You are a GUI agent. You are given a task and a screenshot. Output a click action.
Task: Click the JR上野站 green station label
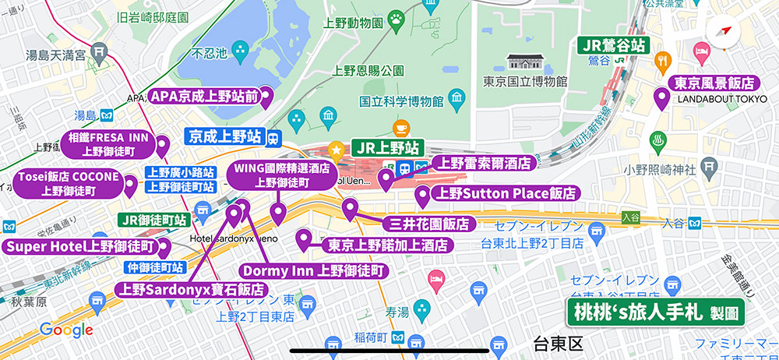click(x=386, y=147)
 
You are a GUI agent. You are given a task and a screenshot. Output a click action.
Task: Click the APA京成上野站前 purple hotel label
click(x=203, y=97)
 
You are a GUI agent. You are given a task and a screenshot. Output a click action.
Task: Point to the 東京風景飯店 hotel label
click(x=714, y=83)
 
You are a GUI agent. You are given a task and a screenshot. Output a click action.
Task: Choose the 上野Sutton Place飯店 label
click(x=506, y=193)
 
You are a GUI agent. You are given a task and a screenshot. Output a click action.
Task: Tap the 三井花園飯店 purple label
click(x=428, y=224)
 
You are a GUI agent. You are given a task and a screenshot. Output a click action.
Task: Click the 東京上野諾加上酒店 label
click(x=388, y=245)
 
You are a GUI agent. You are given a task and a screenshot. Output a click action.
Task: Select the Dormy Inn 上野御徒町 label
click(x=313, y=271)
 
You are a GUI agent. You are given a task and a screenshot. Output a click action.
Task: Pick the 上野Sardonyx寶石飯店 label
click(x=192, y=290)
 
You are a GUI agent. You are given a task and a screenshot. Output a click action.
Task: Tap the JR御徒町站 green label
click(x=155, y=220)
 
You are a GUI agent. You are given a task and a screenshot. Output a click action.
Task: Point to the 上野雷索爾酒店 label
click(x=483, y=164)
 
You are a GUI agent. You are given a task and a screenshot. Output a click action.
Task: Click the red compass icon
click(x=724, y=32)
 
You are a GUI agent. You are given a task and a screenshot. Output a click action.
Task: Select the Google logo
click(x=66, y=330)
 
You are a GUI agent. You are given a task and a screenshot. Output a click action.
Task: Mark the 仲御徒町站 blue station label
click(x=153, y=267)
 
